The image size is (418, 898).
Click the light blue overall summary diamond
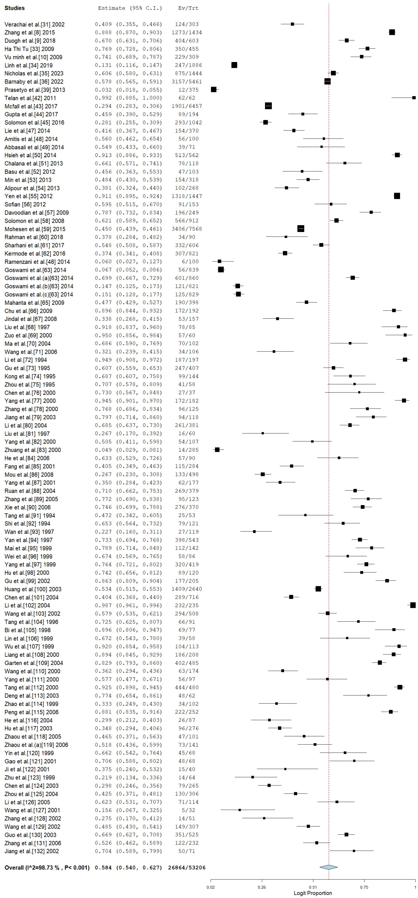click(x=328, y=867)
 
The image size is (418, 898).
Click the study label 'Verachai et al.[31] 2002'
click(x=34, y=24)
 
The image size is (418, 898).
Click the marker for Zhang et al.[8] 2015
click(x=392, y=32)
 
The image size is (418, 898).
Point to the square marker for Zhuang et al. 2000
click(x=217, y=450)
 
